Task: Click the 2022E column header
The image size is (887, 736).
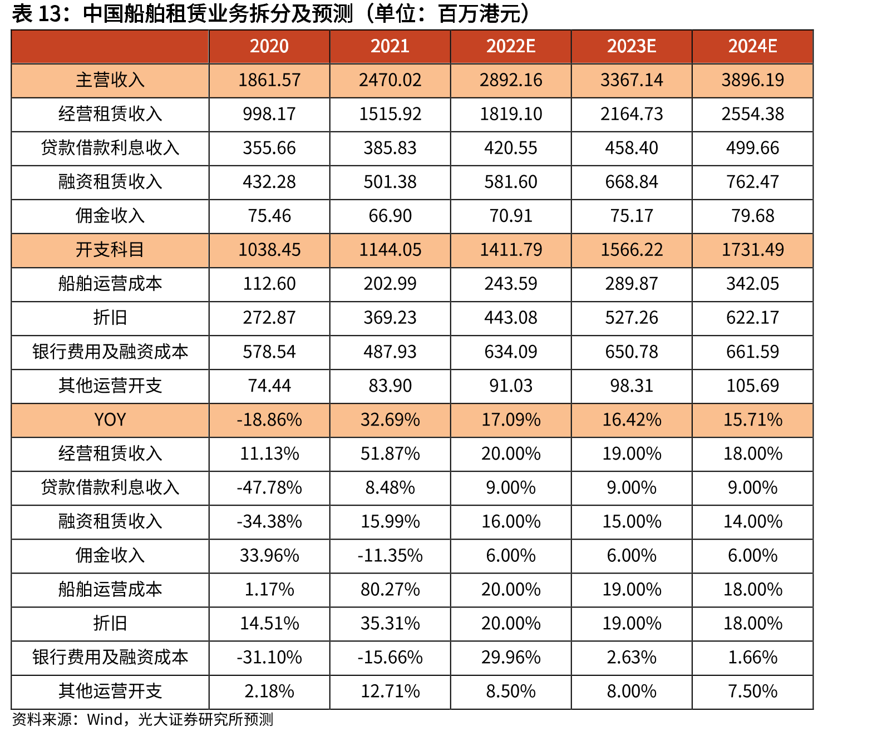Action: click(x=510, y=46)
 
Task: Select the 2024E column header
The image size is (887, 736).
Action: click(x=752, y=46)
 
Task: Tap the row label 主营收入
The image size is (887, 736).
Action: click(x=110, y=80)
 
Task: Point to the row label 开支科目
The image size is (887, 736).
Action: click(x=110, y=250)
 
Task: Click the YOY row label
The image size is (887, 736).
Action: click(x=110, y=419)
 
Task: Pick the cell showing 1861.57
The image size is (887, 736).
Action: click(x=269, y=80)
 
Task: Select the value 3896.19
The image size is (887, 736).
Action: click(x=752, y=80)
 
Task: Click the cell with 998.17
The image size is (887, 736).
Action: click(x=269, y=114)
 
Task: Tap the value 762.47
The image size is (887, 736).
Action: click(x=752, y=182)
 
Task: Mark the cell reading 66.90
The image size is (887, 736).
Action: click(x=390, y=216)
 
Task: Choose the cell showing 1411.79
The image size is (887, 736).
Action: click(x=510, y=250)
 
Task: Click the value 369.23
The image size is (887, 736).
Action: click(x=390, y=318)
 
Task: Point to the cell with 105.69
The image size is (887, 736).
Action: click(x=752, y=386)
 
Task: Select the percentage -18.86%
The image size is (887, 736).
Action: click(x=269, y=419)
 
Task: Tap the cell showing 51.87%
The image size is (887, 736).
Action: click(x=390, y=454)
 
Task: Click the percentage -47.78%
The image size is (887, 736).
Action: click(x=269, y=488)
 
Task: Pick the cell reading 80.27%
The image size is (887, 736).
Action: click(x=390, y=590)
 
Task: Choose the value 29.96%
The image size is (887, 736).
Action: click(x=510, y=658)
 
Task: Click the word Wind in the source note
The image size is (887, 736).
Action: click(x=105, y=720)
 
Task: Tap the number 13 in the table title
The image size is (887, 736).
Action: click(x=50, y=14)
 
